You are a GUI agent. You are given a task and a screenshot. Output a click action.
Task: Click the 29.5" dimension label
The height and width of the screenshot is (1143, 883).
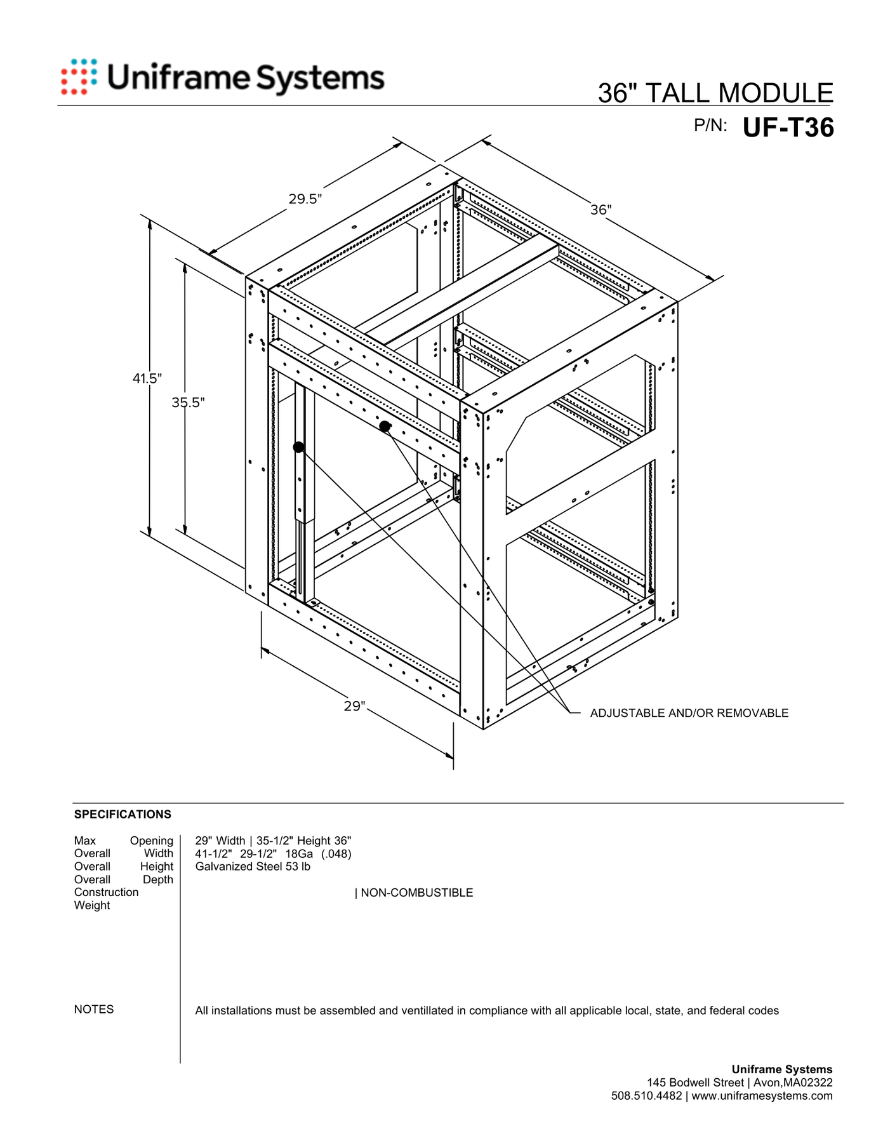click(305, 199)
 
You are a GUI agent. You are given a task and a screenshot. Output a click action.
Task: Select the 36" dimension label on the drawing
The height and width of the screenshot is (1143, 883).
click(601, 210)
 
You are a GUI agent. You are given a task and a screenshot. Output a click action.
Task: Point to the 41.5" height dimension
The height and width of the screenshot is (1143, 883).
click(147, 378)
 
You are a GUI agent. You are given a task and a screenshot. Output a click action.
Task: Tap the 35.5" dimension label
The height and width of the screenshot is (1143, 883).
click(189, 402)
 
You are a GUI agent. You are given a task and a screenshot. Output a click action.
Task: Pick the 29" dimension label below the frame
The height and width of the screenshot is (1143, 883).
click(355, 706)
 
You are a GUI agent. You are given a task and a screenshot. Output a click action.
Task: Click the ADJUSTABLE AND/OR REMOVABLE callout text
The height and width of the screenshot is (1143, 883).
click(689, 713)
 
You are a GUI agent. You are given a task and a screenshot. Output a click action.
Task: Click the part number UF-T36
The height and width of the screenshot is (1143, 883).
click(788, 128)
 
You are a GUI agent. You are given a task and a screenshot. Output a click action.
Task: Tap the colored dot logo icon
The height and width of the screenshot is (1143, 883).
click(79, 77)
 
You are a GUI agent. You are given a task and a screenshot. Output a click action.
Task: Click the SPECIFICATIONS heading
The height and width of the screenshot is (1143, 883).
click(123, 814)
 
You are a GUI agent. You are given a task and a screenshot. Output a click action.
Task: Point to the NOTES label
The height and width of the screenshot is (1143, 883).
click(94, 1010)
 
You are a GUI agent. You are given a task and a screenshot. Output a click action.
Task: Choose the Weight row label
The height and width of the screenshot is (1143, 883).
click(92, 906)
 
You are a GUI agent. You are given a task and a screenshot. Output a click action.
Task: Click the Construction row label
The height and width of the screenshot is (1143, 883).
click(106, 892)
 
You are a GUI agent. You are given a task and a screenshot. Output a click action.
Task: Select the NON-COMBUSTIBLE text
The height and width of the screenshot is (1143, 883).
click(416, 893)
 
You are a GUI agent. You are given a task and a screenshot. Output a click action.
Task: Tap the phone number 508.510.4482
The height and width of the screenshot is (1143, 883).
click(646, 1096)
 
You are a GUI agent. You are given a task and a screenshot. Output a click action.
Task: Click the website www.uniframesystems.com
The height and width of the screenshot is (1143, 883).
click(762, 1096)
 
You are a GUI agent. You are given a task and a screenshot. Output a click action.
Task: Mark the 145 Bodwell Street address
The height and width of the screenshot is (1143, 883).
click(696, 1083)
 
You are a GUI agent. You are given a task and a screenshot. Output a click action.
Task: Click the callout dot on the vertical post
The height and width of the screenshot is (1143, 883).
click(298, 447)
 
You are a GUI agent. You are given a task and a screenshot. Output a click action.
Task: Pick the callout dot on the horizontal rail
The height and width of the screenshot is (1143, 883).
click(385, 426)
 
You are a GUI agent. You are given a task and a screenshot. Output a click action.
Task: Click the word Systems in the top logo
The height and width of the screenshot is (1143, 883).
click(320, 79)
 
